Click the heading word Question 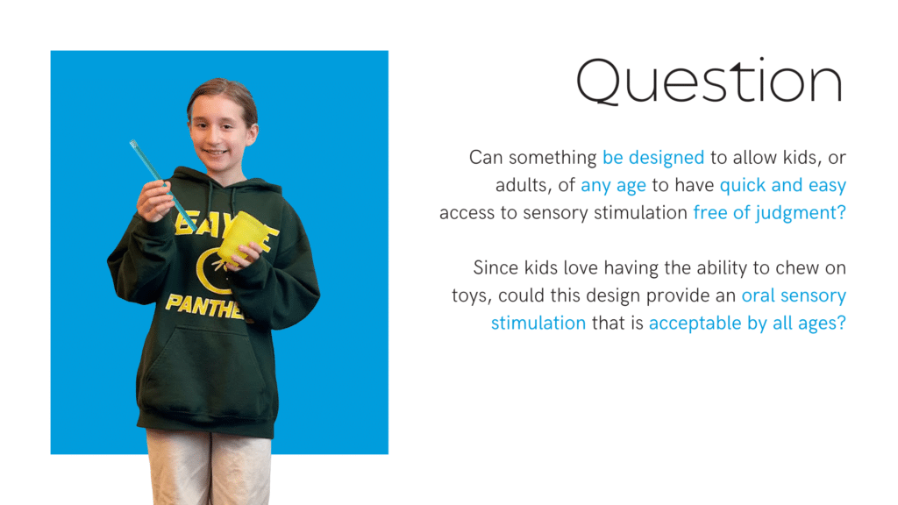(x=709, y=82)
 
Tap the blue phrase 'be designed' (x=653, y=158)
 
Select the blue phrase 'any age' (x=613, y=186)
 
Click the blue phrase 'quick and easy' (x=783, y=186)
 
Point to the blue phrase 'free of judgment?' (x=770, y=213)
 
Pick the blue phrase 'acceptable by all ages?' (x=747, y=323)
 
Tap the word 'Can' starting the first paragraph (x=486, y=158)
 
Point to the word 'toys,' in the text (x=472, y=296)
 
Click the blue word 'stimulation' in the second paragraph (x=538, y=323)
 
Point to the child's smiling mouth (x=215, y=153)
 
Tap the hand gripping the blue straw (x=154, y=201)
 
